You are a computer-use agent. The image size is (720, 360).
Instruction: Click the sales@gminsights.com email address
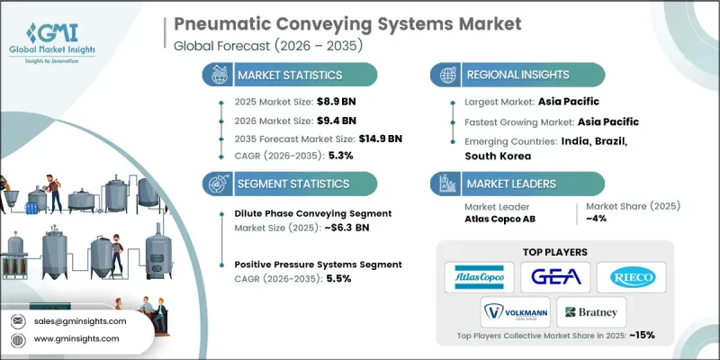click(80, 320)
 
